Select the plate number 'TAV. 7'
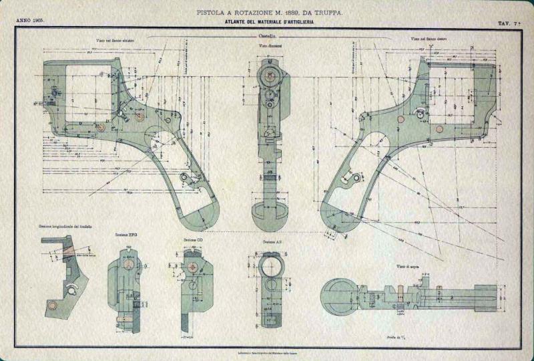[509, 23]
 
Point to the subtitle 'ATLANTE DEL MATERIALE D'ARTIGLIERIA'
[270, 22]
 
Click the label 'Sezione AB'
[270, 241]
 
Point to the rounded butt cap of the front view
[269, 219]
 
